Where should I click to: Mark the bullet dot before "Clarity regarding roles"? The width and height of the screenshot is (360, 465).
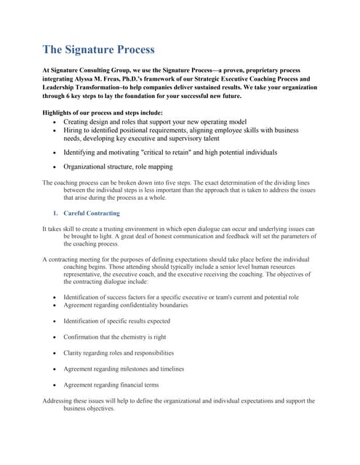(55, 353)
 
